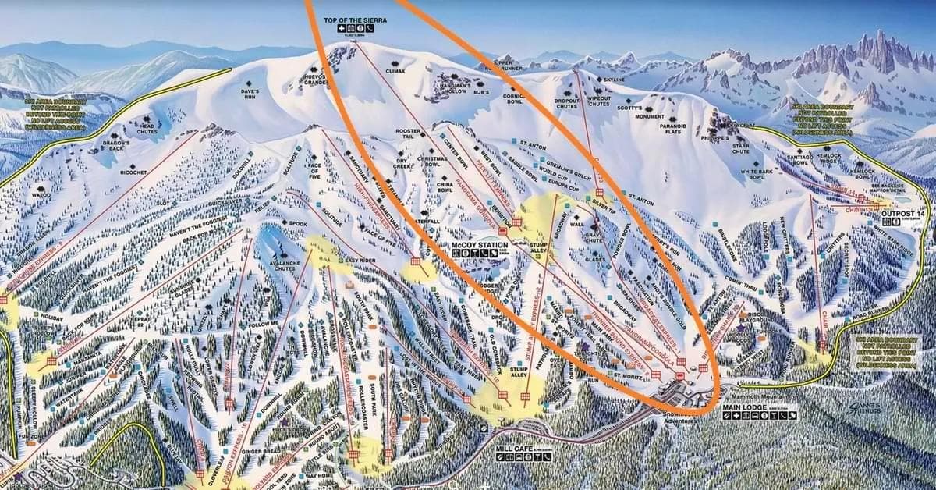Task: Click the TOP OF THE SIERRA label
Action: click(356, 20)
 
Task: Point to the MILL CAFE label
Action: click(515, 449)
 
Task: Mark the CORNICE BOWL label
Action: click(514, 98)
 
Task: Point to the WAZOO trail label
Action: click(41, 195)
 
